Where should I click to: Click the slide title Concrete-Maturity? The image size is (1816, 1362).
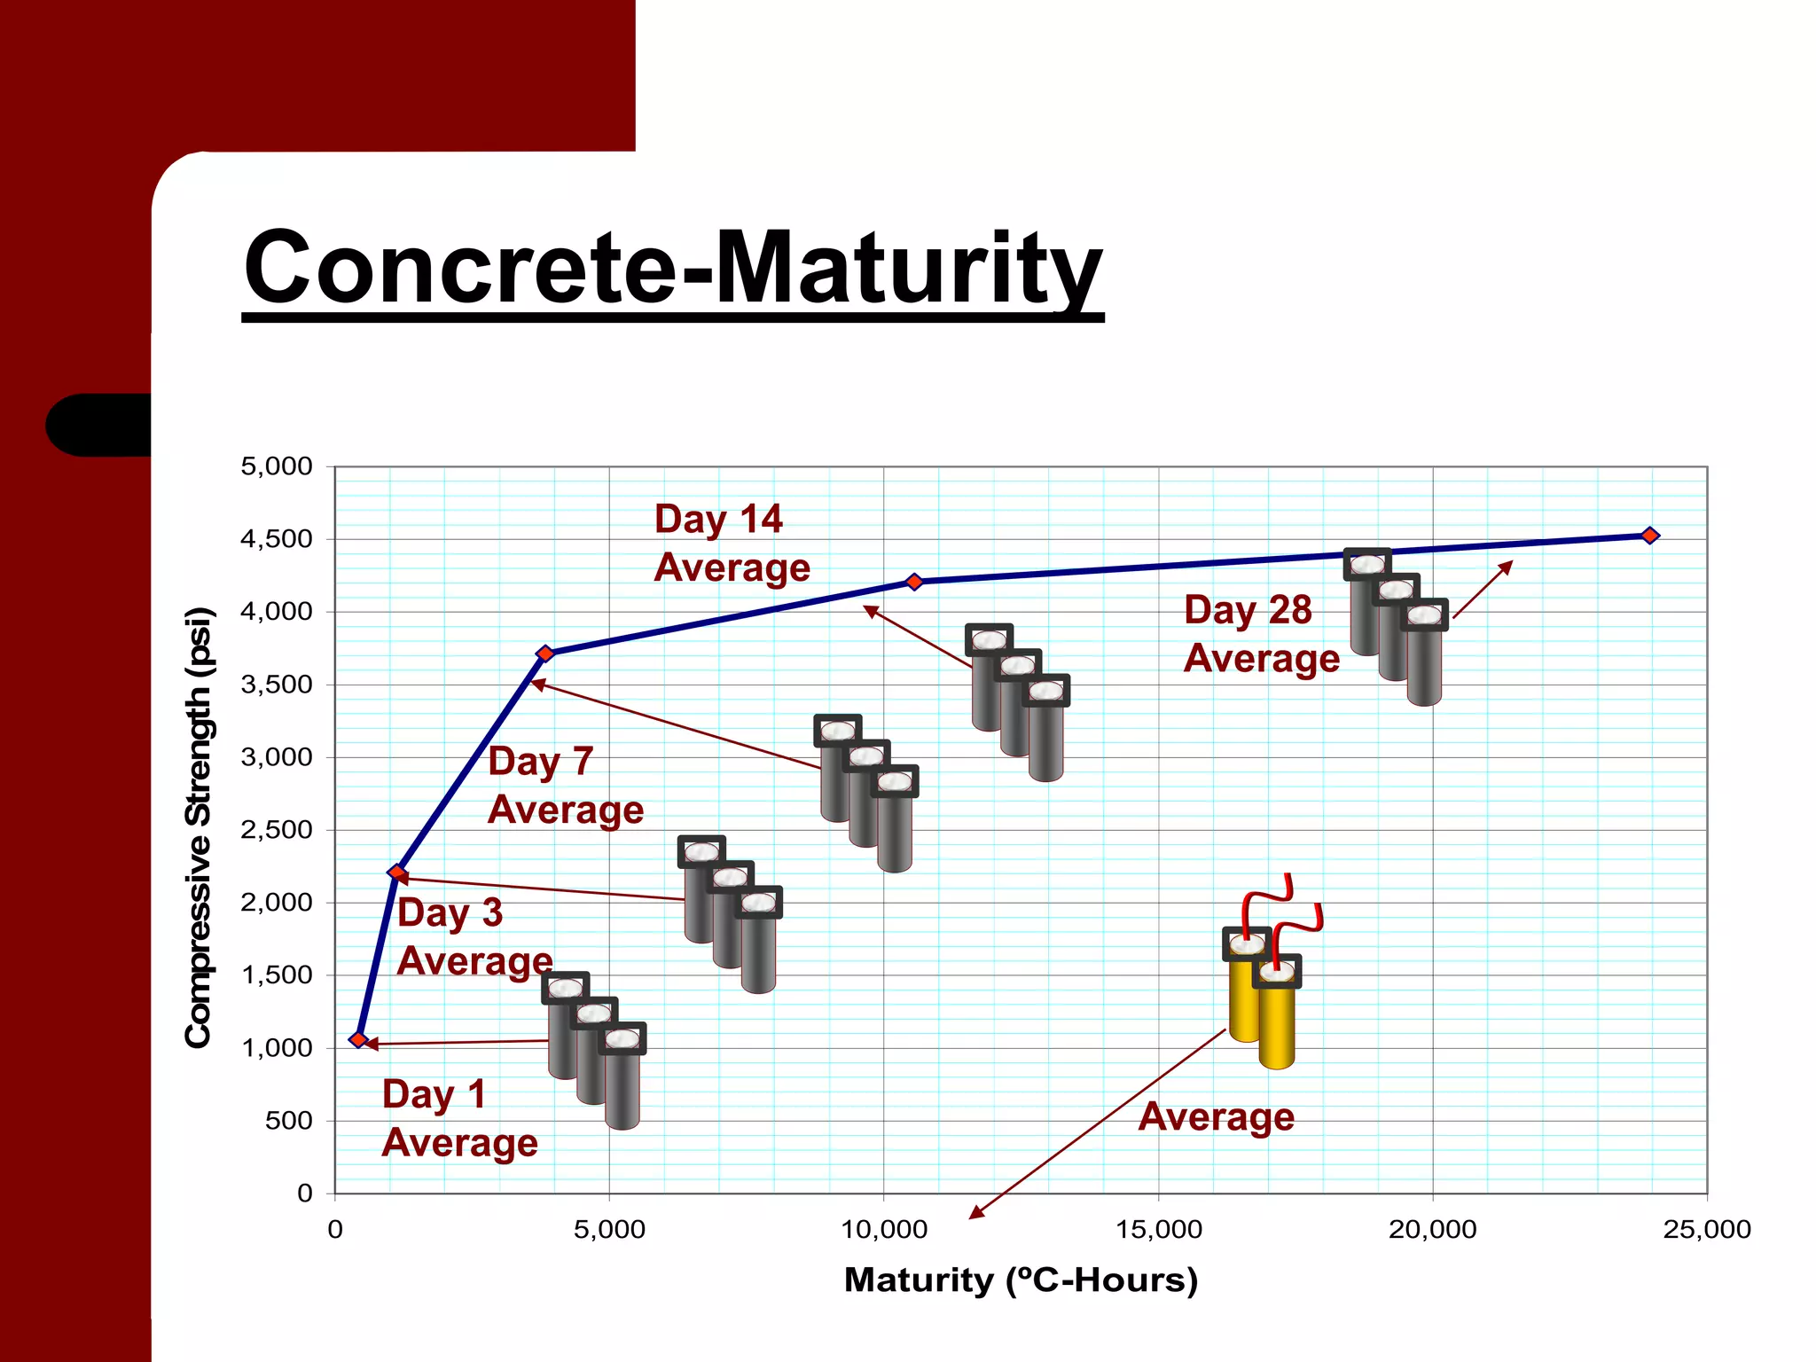[672, 268]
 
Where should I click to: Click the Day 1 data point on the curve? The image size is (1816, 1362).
[358, 1039]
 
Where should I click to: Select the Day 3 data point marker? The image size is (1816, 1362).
[397, 873]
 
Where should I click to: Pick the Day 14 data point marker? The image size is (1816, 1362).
[914, 582]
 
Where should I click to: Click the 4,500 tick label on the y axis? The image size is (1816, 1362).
[276, 539]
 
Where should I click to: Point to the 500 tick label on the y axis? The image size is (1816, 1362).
[288, 1121]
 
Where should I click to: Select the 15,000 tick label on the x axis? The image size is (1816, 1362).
[1158, 1230]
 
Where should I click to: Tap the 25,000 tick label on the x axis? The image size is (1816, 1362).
[1706, 1230]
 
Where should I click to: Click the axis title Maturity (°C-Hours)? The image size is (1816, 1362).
[1021, 1280]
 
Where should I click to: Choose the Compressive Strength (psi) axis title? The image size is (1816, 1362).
[199, 827]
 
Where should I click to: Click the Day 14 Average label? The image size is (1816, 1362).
[732, 543]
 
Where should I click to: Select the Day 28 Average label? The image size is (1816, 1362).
[1261, 634]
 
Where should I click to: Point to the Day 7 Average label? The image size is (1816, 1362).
[565, 786]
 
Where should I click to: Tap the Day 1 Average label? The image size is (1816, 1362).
[459, 1118]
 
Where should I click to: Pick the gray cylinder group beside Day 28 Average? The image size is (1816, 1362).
[1397, 626]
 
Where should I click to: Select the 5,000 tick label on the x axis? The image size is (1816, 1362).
[609, 1230]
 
